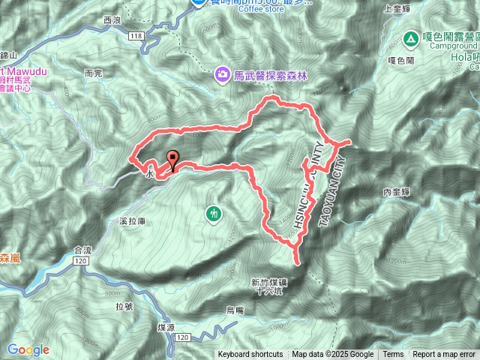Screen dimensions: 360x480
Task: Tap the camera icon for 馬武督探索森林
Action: point(222,74)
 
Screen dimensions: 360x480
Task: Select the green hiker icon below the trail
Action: point(215,214)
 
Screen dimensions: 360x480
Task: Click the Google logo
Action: point(28,349)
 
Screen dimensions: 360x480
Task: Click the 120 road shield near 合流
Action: point(79,260)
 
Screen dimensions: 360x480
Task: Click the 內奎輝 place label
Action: point(396,192)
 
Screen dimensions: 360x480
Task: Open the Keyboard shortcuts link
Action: point(250,355)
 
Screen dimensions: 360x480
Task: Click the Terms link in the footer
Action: point(393,355)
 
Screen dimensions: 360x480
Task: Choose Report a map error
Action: point(444,355)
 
